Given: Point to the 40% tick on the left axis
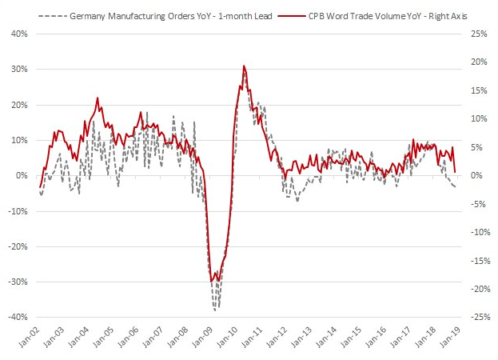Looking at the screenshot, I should coord(18,34).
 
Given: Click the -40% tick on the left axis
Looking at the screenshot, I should coord(16,317).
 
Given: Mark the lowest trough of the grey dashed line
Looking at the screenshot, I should coord(216,309).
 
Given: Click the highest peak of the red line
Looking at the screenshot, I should coord(244,66).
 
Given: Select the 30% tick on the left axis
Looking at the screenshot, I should coord(18,69).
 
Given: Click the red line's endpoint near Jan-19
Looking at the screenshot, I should coord(455,172).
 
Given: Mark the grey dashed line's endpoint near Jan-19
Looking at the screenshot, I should coord(456,187).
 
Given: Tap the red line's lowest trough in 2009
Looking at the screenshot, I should coord(212,282).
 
